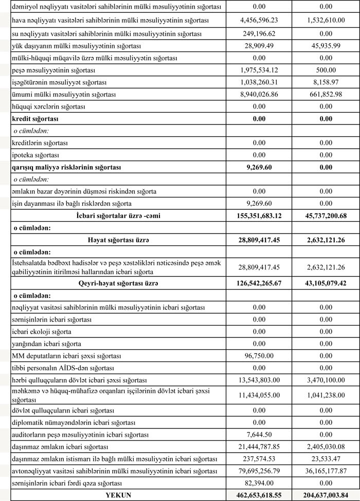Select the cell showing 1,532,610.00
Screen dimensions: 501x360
[x=325, y=21]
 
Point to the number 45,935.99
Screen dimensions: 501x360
[x=325, y=46]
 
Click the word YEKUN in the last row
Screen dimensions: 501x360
[x=119, y=495]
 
